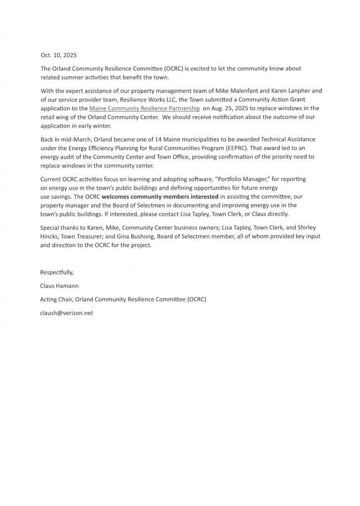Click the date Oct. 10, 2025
click(x=58, y=55)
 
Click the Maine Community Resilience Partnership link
click(x=145, y=108)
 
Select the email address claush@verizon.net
click(x=67, y=313)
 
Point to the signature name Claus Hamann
click(x=60, y=286)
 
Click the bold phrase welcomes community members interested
click(x=160, y=208)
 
